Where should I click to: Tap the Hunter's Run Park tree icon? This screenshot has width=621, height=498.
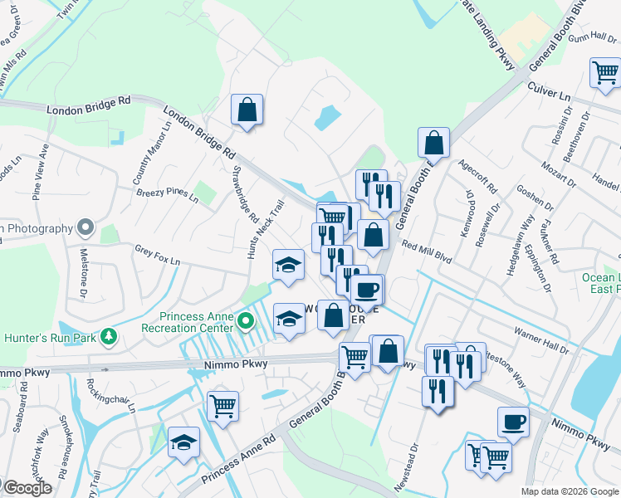pos(108,337)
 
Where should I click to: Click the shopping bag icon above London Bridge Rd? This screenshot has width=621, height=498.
pos(247,110)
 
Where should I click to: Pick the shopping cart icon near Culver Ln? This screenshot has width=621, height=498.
pos(605,73)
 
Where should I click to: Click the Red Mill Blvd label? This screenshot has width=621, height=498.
pos(427,252)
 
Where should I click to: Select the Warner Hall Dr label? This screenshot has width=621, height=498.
pos(541,339)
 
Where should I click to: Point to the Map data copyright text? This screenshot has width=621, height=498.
pos(569,491)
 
